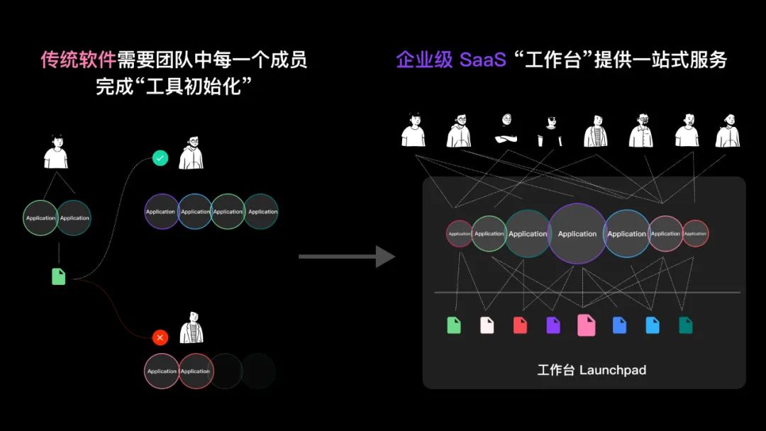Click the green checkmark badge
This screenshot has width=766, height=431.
point(160,158)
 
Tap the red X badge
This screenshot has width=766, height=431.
point(160,337)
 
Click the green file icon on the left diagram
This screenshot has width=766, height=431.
point(59,276)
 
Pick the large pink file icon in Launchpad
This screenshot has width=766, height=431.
point(586,325)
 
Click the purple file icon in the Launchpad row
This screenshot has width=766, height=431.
point(553,325)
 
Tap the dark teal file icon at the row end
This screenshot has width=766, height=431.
point(685,325)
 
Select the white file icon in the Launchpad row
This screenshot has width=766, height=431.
point(487,325)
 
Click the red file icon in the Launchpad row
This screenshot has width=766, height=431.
point(520,325)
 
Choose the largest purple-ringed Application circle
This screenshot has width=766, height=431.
point(577,234)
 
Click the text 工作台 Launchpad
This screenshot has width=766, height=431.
point(592,370)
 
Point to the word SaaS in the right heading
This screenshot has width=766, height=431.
point(482,60)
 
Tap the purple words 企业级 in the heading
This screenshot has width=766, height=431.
point(424,60)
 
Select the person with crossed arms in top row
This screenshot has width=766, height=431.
point(505,130)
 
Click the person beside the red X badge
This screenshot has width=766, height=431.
point(191,328)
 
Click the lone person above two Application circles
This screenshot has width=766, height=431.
point(56,151)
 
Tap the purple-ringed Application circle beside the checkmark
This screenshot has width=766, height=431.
point(161,211)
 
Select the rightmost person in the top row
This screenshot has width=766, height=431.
point(727,130)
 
